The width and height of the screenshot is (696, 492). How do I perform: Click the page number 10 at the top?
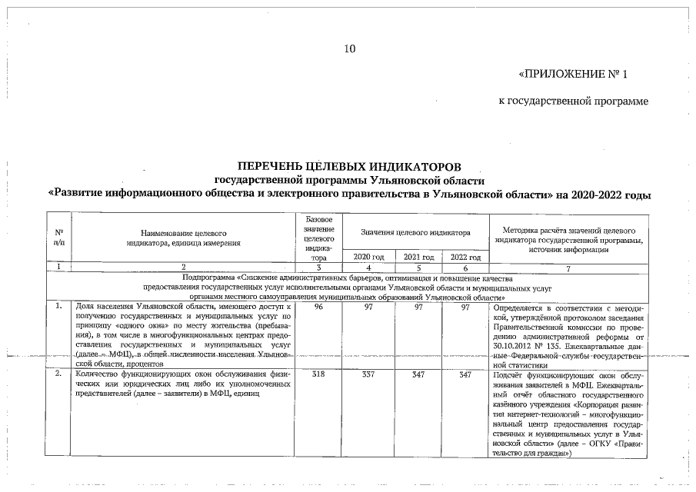pos(350,49)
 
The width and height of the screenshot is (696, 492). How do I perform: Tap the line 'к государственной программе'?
pos(574,101)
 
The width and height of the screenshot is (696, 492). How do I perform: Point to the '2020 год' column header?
pos(368,257)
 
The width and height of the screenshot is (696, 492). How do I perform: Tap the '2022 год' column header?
pos(465,257)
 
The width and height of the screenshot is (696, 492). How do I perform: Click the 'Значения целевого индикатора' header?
pos(417,231)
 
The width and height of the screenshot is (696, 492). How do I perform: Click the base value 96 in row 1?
pos(318,307)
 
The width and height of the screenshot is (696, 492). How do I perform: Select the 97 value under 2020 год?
pos(368,307)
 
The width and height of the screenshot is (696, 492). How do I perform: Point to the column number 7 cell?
pos(568,268)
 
